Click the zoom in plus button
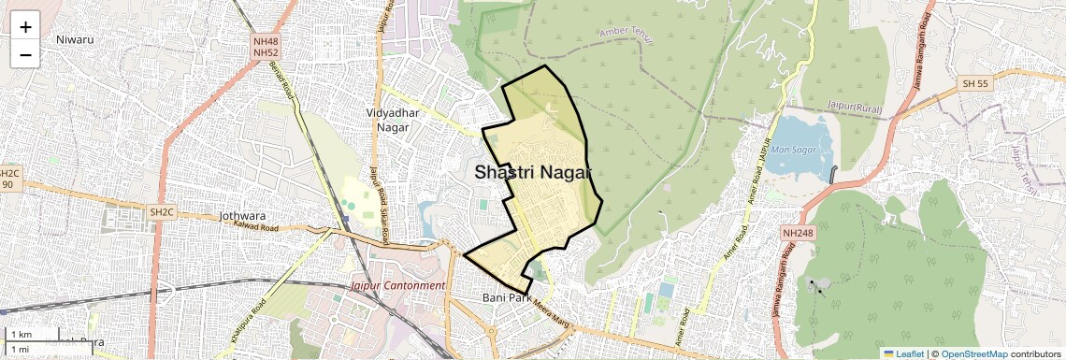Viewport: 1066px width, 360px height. tap(25, 27)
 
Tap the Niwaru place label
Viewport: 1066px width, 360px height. tap(75, 39)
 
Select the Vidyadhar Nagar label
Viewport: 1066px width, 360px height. tap(395, 120)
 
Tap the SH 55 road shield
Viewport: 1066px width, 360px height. tap(974, 84)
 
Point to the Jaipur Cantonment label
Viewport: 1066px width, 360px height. tap(398, 285)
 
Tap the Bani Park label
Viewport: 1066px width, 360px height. tap(506, 297)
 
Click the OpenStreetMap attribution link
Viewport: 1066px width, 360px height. tap(973, 353)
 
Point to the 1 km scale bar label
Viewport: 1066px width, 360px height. tap(21, 335)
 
